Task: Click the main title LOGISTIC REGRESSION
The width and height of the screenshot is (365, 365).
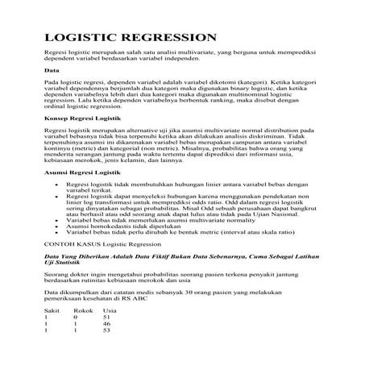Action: (x=130, y=37)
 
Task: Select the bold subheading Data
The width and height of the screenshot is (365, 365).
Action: (x=51, y=71)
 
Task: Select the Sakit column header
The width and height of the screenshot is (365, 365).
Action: (x=52, y=310)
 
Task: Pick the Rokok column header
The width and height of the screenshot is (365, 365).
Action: (x=82, y=310)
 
